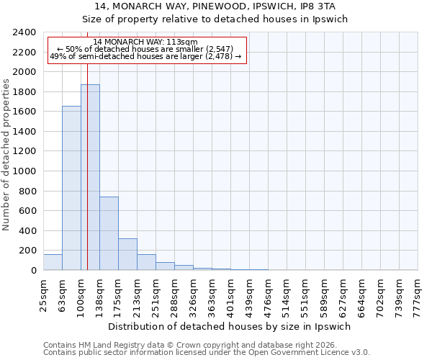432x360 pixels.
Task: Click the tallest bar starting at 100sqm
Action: [x=90, y=177]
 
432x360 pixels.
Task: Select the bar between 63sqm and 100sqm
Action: [x=71, y=188]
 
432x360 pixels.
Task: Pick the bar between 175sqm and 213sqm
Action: [x=127, y=254]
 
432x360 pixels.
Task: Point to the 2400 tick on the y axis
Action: [x=25, y=32]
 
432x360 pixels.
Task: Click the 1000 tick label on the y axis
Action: [x=25, y=171]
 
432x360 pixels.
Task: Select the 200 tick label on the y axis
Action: [x=28, y=251]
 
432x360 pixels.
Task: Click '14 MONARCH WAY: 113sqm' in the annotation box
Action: [x=145, y=42]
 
